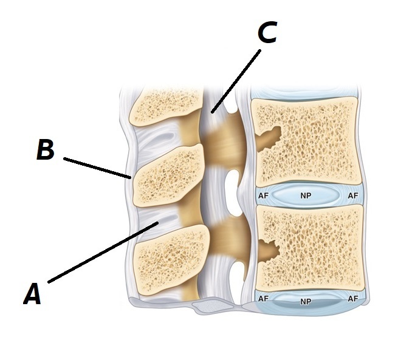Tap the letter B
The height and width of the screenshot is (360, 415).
click(45, 151)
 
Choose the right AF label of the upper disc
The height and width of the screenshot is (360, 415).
click(352, 196)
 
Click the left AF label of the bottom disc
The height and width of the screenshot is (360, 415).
click(264, 299)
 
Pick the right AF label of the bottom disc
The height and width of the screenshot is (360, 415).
click(352, 299)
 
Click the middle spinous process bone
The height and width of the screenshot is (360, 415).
click(167, 174)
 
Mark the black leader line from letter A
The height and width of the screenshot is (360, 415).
click(103, 253)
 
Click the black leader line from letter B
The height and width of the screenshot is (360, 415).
click(97, 168)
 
